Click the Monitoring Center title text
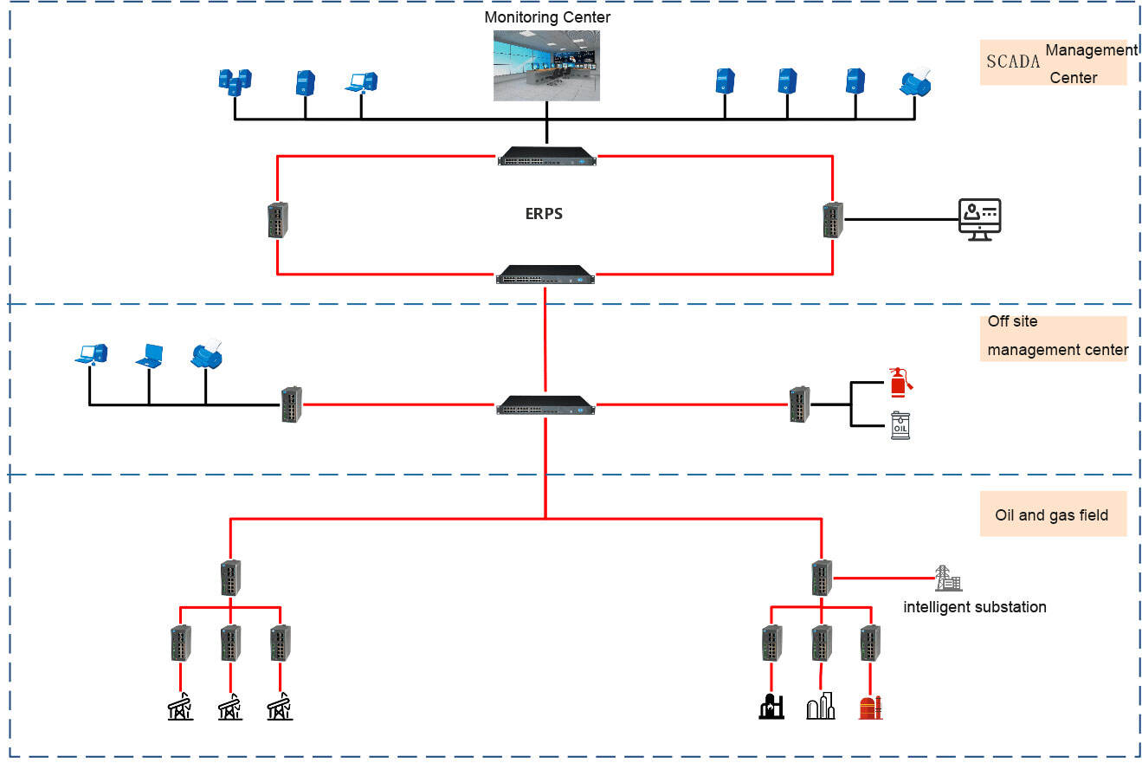[x=546, y=17]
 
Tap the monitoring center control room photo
[x=546, y=66]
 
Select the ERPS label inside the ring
[x=544, y=214]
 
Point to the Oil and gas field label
[x=1051, y=515]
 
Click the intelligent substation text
[x=974, y=607]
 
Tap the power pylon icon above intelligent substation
[x=947, y=579]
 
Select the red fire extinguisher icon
[x=900, y=382]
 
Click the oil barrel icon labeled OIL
[x=900, y=426]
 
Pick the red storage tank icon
[x=869, y=706]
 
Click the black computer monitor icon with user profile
[x=979, y=219]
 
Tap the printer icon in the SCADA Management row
[x=917, y=82]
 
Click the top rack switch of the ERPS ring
[x=547, y=157]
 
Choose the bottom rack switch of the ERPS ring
[x=546, y=275]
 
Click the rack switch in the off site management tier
[x=546, y=404]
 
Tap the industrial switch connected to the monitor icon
[x=832, y=220]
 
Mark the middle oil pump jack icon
[x=229, y=706]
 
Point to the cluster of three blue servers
[x=234, y=82]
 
